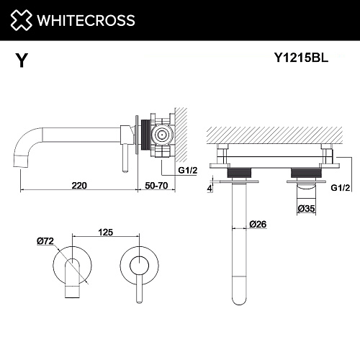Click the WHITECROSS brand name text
[86, 20]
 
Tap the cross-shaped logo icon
[21, 20]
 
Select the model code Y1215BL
[301, 58]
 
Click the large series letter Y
[22, 60]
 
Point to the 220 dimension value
[79, 186]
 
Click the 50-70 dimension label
[156, 186]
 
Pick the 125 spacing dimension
[106, 232]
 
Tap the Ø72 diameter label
[45, 240]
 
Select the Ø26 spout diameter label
[258, 224]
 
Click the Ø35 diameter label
[306, 208]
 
